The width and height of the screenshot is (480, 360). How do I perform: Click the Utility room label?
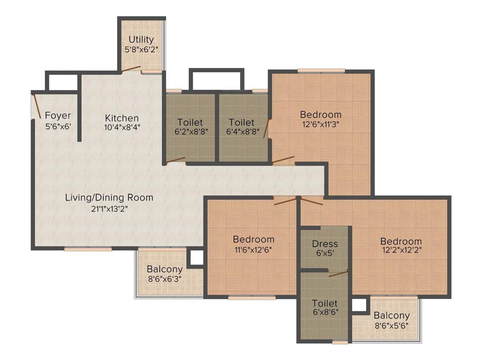[x=141, y=39]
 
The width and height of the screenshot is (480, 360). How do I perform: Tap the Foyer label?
[x=58, y=115]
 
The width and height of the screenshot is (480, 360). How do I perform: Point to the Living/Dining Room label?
[x=109, y=197]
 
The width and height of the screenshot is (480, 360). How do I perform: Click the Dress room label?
[x=325, y=244]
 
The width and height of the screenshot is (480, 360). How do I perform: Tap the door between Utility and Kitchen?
[x=131, y=69]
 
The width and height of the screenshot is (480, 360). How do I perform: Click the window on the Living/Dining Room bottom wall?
[x=88, y=249]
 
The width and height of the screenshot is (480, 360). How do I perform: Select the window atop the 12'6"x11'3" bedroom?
[x=321, y=71]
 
